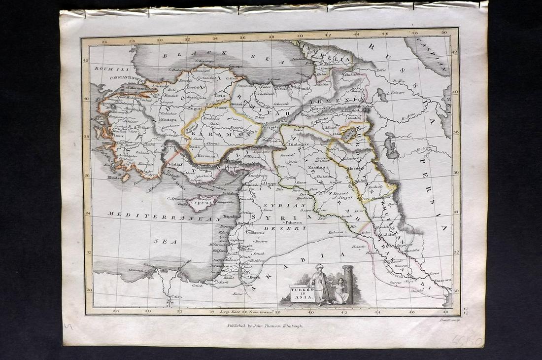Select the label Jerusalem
click(220, 266)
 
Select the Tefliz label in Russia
click(381, 71)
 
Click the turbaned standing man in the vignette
click(321, 285)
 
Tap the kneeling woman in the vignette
click(339, 291)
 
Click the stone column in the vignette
click(349, 283)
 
